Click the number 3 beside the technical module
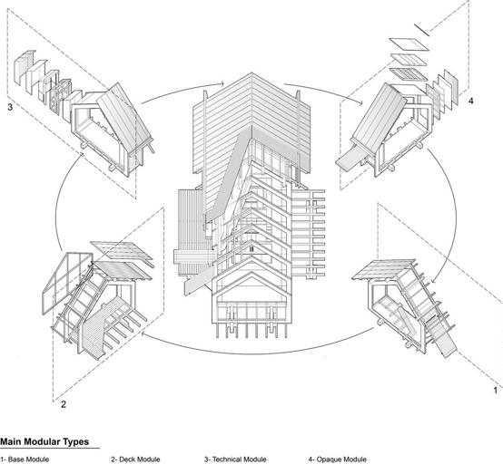tap(10, 107)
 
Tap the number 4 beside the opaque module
tap(470, 101)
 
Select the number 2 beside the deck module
tap(64, 404)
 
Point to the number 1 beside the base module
tap(496, 391)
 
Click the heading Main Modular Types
tap(44, 442)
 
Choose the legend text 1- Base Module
tap(25, 459)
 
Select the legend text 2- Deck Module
tap(135, 459)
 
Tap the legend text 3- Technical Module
tap(235, 459)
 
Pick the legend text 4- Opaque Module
tap(338, 459)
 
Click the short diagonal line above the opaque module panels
tap(421, 30)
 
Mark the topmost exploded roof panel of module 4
tap(409, 44)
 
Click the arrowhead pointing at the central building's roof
tap(222, 84)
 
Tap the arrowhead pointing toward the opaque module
tap(360, 101)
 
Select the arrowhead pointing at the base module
tap(433, 281)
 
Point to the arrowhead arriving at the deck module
tap(143, 334)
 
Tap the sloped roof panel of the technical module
tap(124, 118)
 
